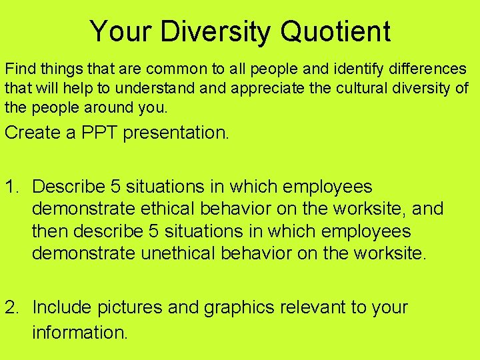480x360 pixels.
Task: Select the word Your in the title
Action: (x=115, y=31)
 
